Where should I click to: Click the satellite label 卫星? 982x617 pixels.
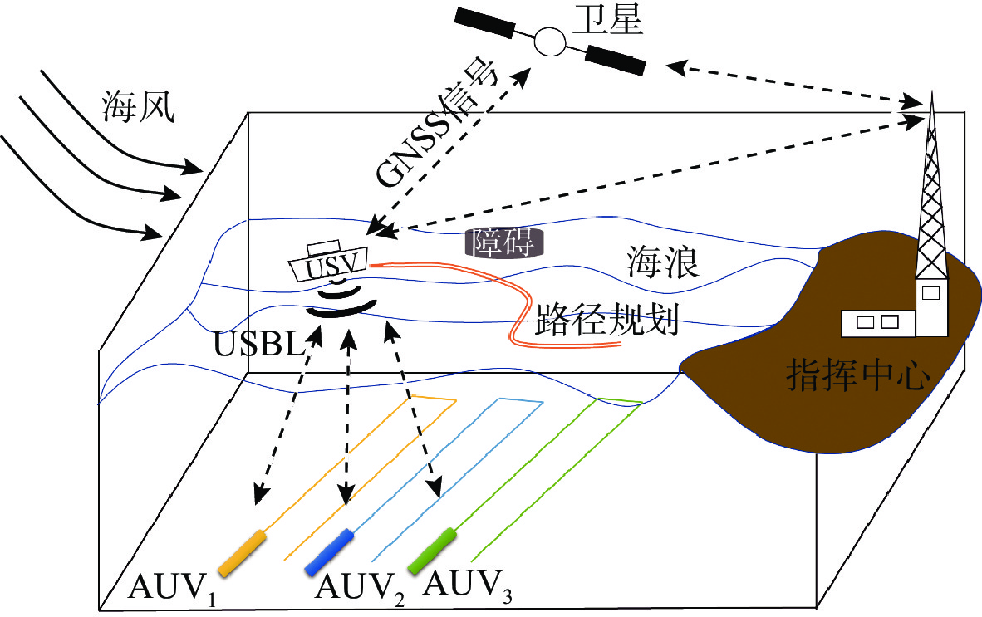pyautogui.click(x=614, y=20)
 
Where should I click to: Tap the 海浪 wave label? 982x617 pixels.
pyautogui.click(x=662, y=263)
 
